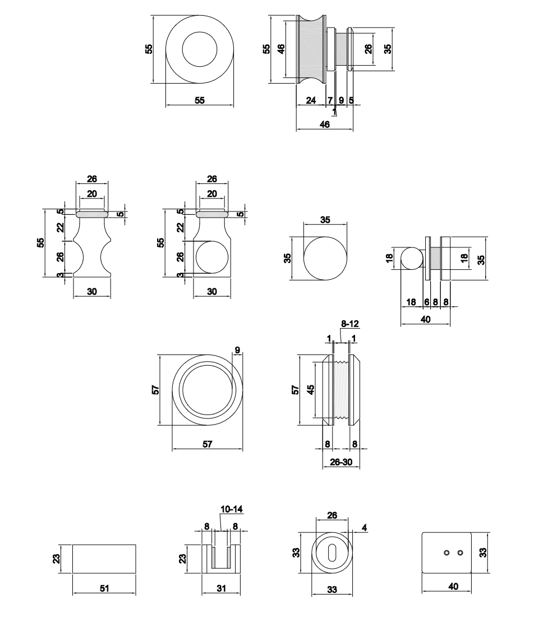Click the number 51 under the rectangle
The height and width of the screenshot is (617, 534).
pos(104,587)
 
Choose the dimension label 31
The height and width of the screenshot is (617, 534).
pos(222,587)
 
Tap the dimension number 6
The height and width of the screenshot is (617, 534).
pos(426,302)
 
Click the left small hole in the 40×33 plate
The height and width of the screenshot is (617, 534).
pos(446,552)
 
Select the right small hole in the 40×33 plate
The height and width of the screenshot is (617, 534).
pos(461,552)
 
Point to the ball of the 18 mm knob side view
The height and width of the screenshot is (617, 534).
pos(412,259)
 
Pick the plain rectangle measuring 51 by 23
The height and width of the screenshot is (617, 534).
pos(104,559)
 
